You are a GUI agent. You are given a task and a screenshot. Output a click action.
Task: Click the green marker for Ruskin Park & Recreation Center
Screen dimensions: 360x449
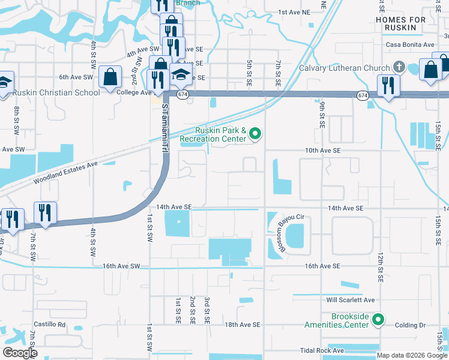tap(256, 134)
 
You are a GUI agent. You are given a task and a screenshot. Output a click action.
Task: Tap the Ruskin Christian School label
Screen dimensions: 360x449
tap(56, 92)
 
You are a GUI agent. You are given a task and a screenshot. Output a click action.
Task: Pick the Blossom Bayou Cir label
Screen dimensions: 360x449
tap(279, 233)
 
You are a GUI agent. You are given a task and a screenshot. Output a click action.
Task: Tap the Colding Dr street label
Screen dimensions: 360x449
tap(410, 325)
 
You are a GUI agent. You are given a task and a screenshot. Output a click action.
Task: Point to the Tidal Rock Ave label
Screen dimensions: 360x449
tap(322, 350)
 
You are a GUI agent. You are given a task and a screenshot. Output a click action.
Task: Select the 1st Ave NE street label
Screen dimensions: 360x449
tap(295, 12)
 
